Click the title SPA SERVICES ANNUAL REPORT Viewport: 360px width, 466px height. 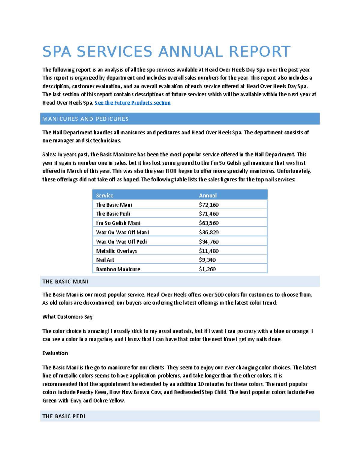pyautogui.click(x=166, y=52)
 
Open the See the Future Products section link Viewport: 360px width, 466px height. pyautogui.click(x=133, y=103)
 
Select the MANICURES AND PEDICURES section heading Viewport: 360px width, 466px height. pyautogui.click(x=85, y=119)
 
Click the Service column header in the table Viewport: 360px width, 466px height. pyautogui.click(x=104, y=195)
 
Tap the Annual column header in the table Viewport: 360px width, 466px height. pyautogui.click(x=208, y=195)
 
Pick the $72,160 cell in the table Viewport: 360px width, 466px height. pyautogui.click(x=208, y=205)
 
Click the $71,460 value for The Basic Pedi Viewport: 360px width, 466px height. pyautogui.click(x=208, y=214)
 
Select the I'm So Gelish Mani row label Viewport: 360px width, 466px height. pyautogui.click(x=118, y=223)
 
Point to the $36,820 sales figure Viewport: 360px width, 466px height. pyautogui.click(x=208, y=232)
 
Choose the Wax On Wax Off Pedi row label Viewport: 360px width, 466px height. pyautogui.click(x=121, y=242)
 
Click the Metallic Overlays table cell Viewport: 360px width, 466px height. pyautogui.click(x=116, y=251)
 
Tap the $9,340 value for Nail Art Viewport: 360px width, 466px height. pyautogui.click(x=207, y=260)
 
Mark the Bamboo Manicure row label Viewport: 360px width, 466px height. pyautogui.click(x=118, y=269)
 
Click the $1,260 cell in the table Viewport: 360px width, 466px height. pyautogui.click(x=207, y=269)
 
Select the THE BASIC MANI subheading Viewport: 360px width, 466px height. pyautogui.click(x=65, y=281)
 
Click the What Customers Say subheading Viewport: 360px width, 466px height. pyautogui.click(x=67, y=317)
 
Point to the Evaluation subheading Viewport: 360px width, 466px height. pyautogui.click(x=55, y=353)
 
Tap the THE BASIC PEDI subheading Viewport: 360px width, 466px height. pyautogui.click(x=64, y=416)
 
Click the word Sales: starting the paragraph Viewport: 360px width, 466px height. pyautogui.click(x=49, y=155)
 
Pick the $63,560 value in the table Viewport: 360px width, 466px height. pyautogui.click(x=208, y=223)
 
